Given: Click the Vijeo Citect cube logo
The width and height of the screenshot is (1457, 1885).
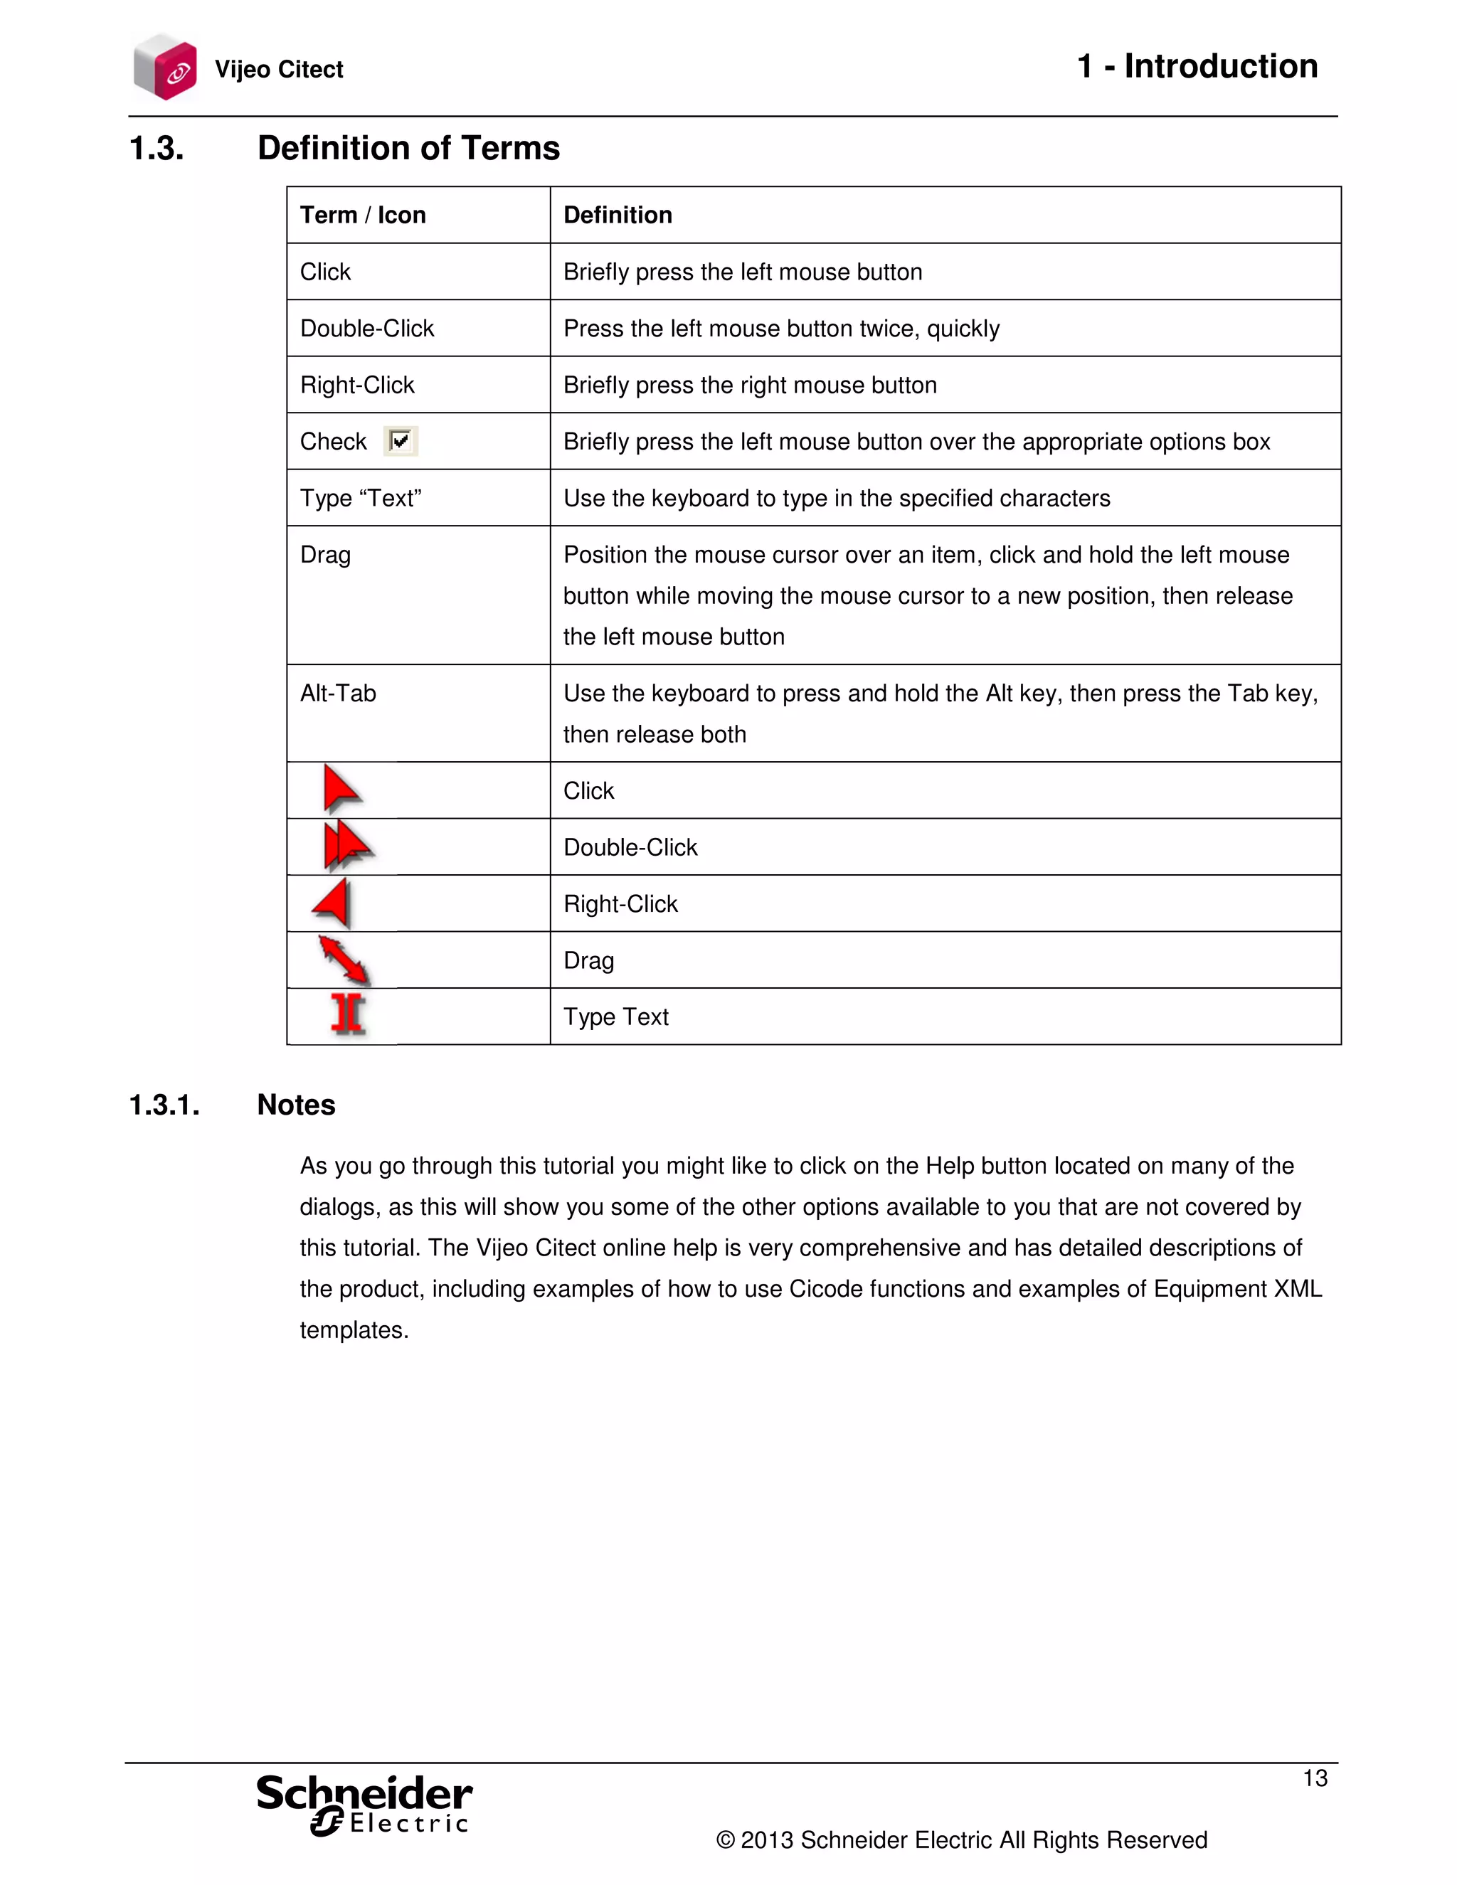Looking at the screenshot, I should tap(165, 68).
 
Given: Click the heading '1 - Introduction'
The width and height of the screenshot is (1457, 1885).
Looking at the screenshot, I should tap(1197, 66).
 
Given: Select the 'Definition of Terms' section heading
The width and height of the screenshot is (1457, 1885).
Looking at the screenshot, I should tap(408, 149).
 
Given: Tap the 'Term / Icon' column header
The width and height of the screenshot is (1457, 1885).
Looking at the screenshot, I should tap(363, 215).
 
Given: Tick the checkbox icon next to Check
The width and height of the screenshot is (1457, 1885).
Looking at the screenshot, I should tap(401, 441).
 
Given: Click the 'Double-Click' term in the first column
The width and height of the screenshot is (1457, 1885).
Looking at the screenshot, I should tap(367, 328).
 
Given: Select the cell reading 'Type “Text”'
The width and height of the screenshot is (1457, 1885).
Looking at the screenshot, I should tap(361, 498).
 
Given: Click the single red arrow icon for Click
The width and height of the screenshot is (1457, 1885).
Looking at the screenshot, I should tap(341, 789).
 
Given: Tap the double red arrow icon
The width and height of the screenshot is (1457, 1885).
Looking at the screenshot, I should tap(347, 846).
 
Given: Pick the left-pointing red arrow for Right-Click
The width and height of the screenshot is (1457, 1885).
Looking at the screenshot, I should tap(332, 903).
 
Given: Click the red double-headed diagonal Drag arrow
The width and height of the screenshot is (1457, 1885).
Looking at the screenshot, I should tap(344, 960).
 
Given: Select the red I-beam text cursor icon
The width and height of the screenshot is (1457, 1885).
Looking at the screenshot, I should tap(348, 1015).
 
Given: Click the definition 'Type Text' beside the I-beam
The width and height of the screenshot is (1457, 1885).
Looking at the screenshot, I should tap(615, 1016).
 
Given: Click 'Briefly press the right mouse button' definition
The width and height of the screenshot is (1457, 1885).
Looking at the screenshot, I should tap(749, 385).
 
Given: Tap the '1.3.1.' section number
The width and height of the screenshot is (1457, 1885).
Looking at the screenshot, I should tap(164, 1105).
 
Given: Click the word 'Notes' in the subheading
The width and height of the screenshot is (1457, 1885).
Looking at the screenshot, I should tap(296, 1105).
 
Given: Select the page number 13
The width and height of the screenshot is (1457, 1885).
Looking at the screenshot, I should tap(1315, 1778).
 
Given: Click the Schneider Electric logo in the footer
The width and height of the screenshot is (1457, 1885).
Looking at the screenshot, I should tap(364, 1804).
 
